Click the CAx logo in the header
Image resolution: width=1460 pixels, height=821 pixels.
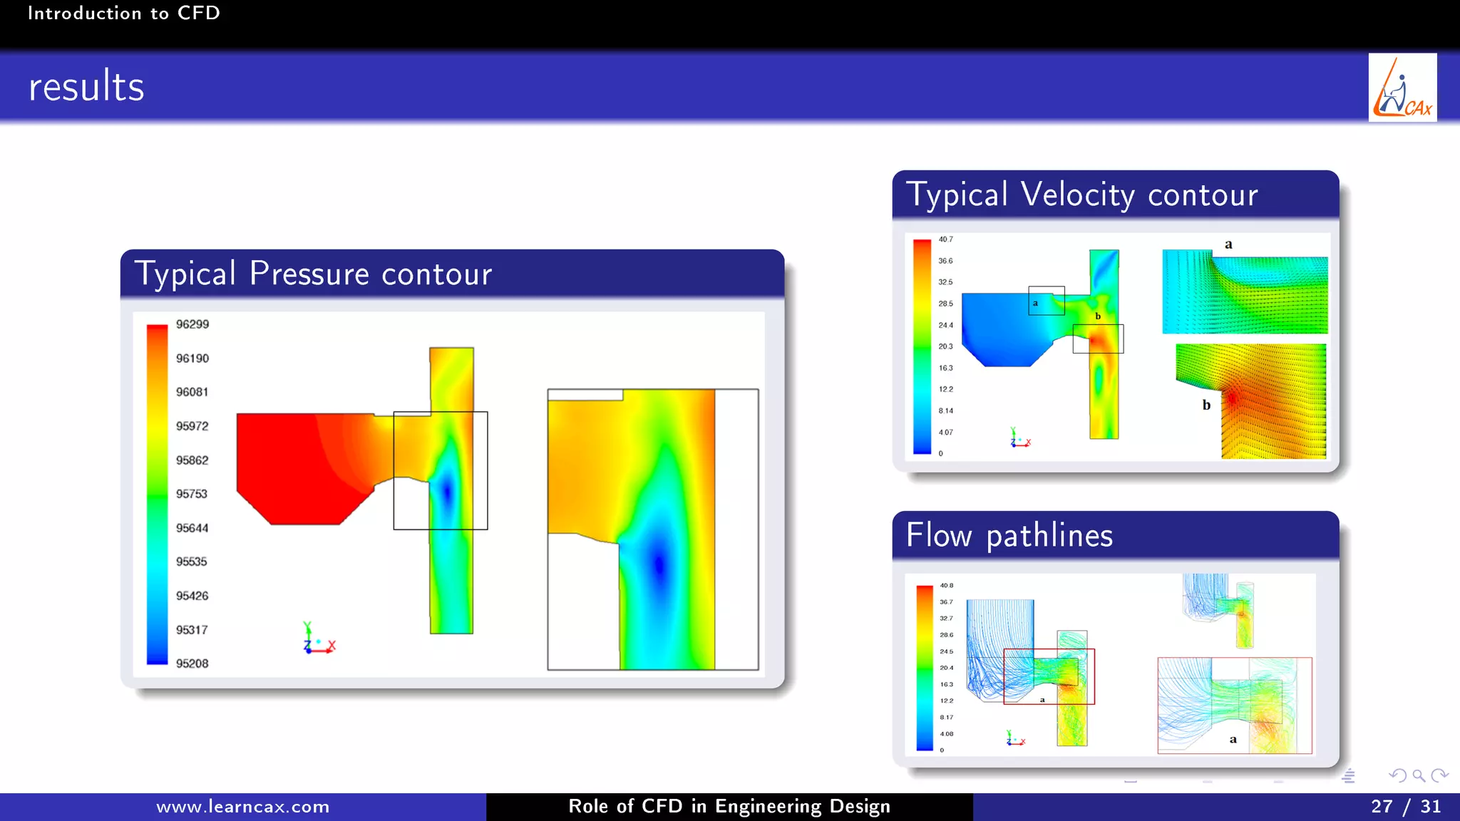pyautogui.click(x=1402, y=88)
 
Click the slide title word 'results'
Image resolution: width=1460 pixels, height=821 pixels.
pyautogui.click(x=86, y=87)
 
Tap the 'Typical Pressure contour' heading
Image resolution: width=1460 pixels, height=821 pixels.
pyautogui.click(x=313, y=274)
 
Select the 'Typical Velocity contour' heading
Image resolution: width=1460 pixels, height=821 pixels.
pyautogui.click(x=1081, y=195)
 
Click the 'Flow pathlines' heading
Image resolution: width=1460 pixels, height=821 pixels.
pyautogui.click(x=1009, y=535)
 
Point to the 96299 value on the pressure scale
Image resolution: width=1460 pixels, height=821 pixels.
pyautogui.click(x=192, y=324)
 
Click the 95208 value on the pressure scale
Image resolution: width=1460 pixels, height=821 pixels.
pyautogui.click(x=192, y=663)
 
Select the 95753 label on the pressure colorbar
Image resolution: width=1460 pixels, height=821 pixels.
pyautogui.click(x=192, y=494)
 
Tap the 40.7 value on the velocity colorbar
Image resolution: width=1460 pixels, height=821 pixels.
pyautogui.click(x=945, y=239)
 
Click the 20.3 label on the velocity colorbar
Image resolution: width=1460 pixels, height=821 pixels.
pyautogui.click(x=945, y=346)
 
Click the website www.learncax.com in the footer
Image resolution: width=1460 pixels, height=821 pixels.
pyautogui.click(x=243, y=807)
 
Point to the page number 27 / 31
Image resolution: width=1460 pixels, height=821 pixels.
pyautogui.click(x=1405, y=807)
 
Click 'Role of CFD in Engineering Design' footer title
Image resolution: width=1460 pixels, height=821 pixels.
pyautogui.click(x=729, y=807)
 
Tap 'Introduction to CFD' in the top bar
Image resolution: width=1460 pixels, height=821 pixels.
pyautogui.click(x=123, y=13)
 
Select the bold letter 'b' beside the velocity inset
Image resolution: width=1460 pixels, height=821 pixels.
pyautogui.click(x=1206, y=405)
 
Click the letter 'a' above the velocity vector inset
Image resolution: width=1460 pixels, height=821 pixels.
pyautogui.click(x=1228, y=244)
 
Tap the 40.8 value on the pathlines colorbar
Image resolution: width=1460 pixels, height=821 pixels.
pyautogui.click(x=946, y=586)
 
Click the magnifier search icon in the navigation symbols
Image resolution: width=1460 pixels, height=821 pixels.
pyautogui.click(x=1418, y=775)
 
